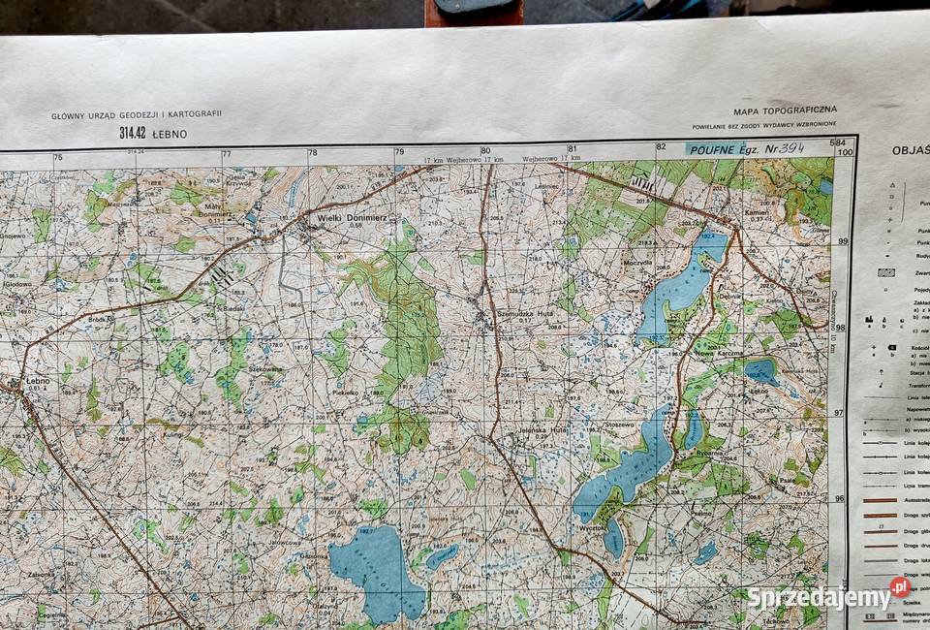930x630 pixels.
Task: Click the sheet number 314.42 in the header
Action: [x=133, y=134]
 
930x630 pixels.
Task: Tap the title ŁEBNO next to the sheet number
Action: [x=169, y=134]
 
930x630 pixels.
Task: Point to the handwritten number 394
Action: [x=791, y=148]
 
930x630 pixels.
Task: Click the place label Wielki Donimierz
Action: [x=353, y=218]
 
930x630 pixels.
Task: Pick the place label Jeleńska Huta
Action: [x=543, y=428]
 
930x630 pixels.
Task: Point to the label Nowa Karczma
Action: [x=719, y=353]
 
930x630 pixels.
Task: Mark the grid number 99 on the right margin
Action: [x=843, y=240]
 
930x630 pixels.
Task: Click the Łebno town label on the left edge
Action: [x=37, y=381]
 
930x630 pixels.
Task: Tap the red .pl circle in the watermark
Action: [x=900, y=586]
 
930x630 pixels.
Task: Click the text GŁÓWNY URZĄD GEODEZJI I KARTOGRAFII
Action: [x=137, y=114]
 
